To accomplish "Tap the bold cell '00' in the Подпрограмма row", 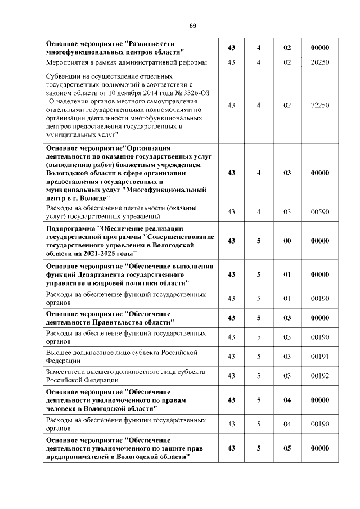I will pyautogui.click(x=287, y=241).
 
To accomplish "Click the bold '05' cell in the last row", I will pyautogui.click(x=287, y=448).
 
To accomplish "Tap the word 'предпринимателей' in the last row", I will pyautogui.click(x=76, y=457).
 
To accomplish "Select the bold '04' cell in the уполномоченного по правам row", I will pyautogui.click(x=287, y=400).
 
